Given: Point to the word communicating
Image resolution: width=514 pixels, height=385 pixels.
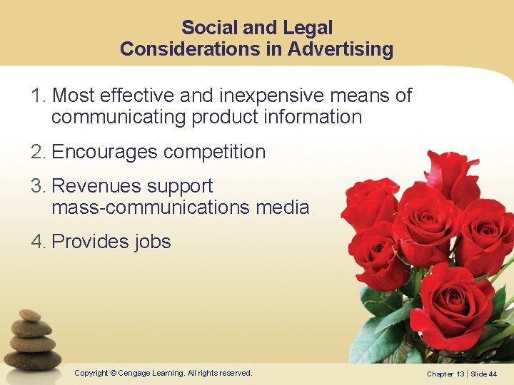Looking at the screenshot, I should (x=119, y=117).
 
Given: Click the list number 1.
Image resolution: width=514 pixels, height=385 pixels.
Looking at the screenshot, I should (x=37, y=96).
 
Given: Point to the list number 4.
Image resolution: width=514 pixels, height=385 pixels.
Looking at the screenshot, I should (x=38, y=242).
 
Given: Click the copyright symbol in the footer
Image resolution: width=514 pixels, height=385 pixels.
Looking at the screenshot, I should (x=114, y=373).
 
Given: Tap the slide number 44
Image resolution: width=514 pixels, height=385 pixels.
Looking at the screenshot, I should (x=493, y=374).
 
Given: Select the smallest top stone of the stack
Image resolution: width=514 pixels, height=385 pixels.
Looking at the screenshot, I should (x=29, y=314).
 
